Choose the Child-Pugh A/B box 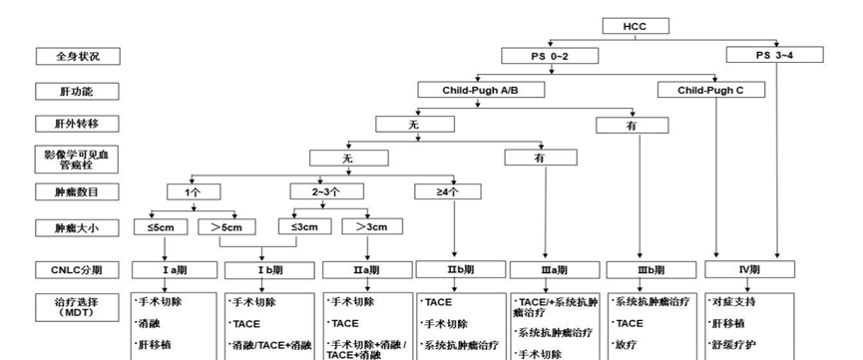[x=480, y=91]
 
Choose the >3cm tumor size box [x=366, y=226]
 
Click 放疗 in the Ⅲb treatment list [x=628, y=345]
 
